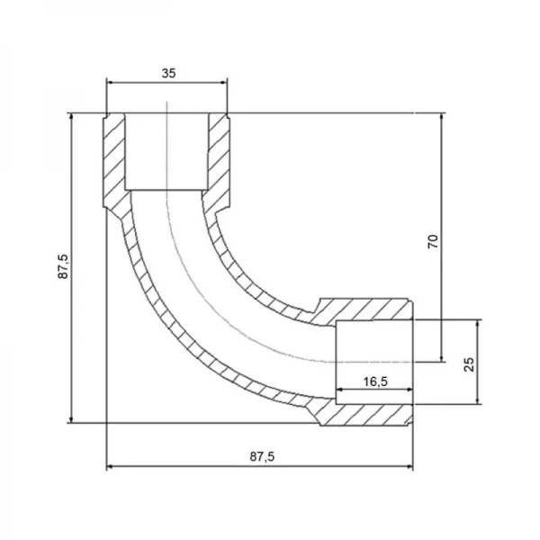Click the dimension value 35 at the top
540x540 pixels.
pos(169,73)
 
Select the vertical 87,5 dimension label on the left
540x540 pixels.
pos(63,266)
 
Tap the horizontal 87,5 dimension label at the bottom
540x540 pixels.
pos(263,456)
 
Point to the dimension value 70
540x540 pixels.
pos(433,241)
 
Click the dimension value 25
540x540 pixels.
pos(469,364)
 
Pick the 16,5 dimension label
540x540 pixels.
pos(375,382)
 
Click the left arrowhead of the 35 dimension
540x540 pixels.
pos(110,82)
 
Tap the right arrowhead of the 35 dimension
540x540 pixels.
pos(224,82)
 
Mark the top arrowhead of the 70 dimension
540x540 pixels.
pos(442,117)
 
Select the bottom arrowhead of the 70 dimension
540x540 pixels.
pos(442,358)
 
